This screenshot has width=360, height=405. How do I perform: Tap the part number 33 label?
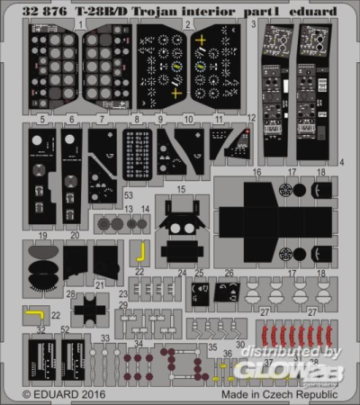(104, 338)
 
